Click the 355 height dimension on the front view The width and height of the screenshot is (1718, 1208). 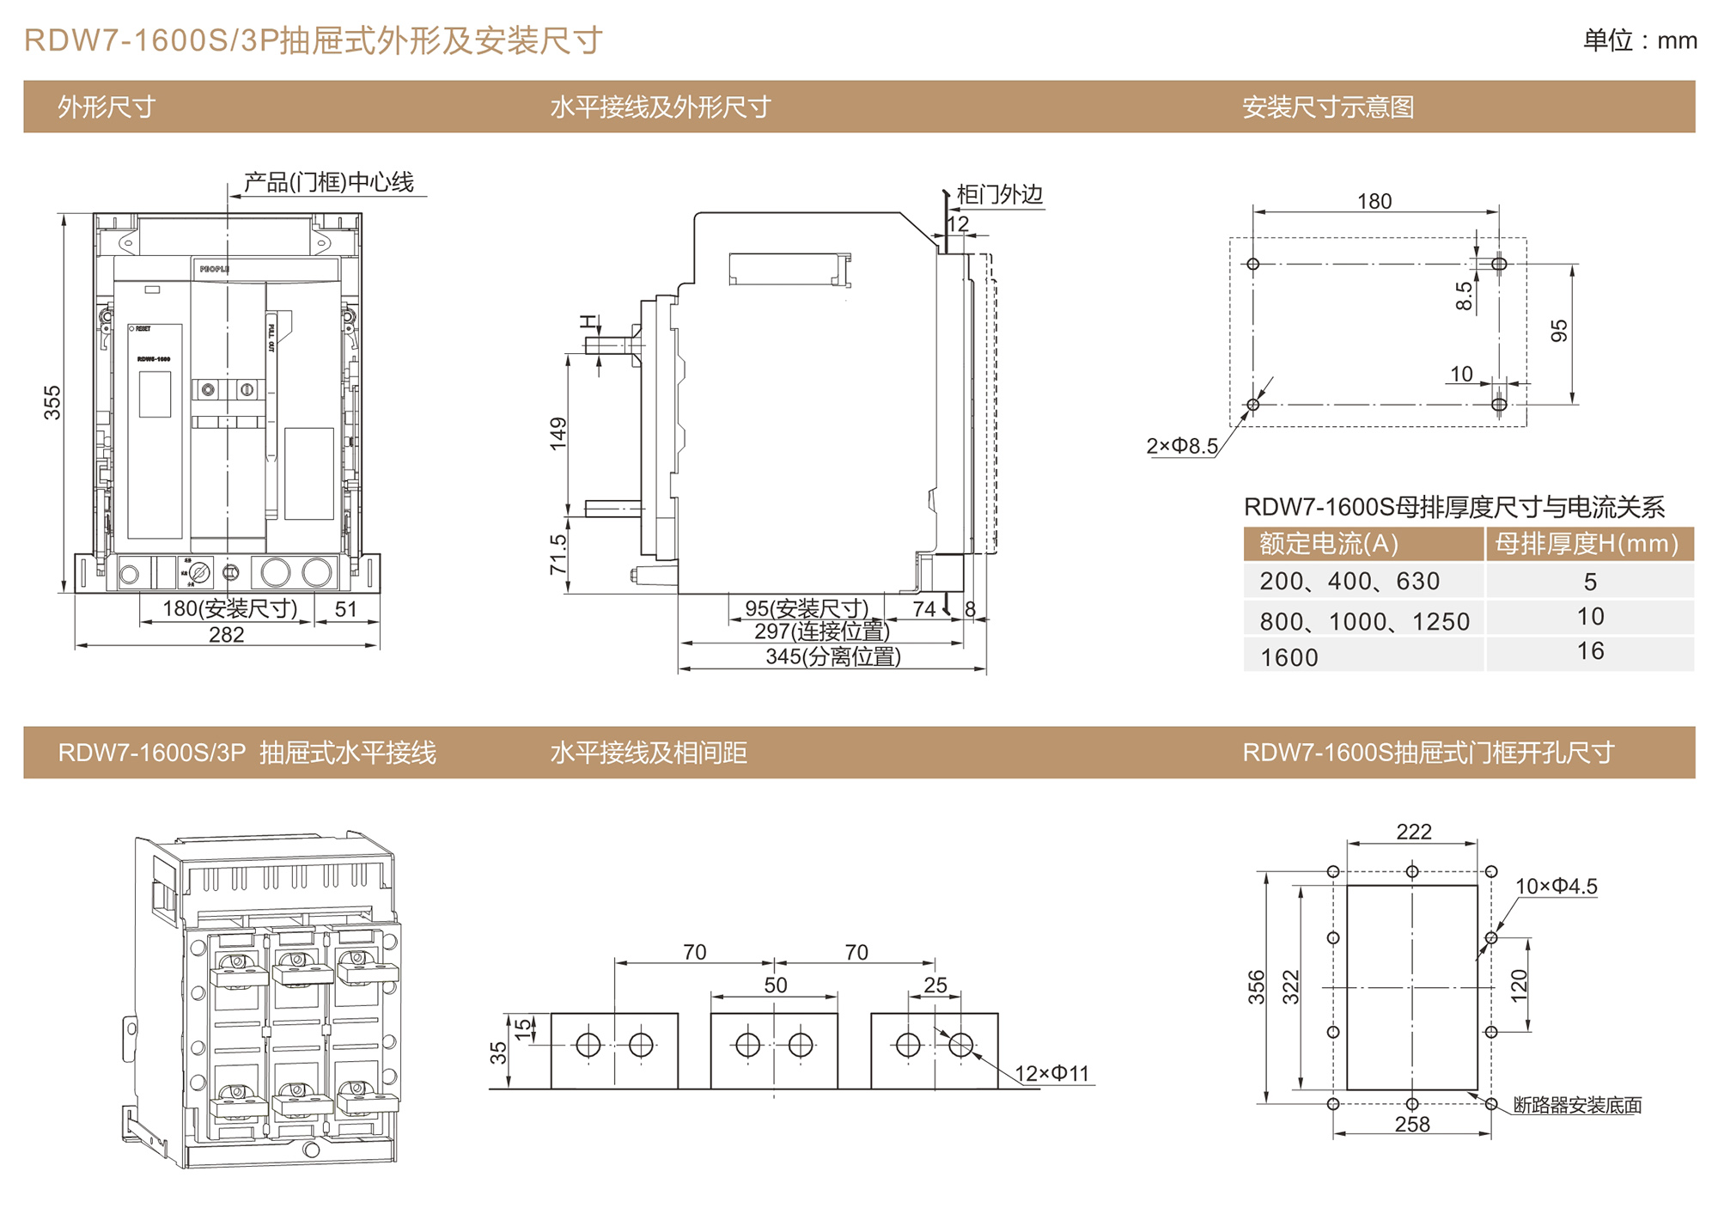click(x=52, y=402)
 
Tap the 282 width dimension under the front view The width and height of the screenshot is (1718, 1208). click(x=226, y=635)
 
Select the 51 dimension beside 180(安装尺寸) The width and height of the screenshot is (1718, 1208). click(x=345, y=609)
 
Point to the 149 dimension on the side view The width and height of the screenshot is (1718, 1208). click(x=558, y=434)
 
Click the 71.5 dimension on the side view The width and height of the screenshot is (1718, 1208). click(x=558, y=554)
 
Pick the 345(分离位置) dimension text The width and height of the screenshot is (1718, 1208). click(x=833, y=657)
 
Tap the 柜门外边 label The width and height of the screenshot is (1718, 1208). click(x=999, y=195)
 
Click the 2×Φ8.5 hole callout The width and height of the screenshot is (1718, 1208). click(x=1182, y=446)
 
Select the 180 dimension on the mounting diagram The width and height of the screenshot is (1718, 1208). click(x=1374, y=201)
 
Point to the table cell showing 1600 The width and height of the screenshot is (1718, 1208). click(x=1288, y=657)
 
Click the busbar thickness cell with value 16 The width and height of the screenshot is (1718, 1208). click(x=1590, y=651)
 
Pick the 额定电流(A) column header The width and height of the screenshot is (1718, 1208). click(x=1329, y=544)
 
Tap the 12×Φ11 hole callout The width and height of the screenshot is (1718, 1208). click(x=1051, y=1074)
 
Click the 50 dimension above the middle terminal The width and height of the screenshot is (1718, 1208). click(x=775, y=985)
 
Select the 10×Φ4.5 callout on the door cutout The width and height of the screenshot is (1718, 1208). click(x=1556, y=887)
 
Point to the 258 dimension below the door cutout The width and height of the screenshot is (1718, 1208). click(x=1412, y=1125)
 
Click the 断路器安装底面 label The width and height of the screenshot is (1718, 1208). click(x=1577, y=1106)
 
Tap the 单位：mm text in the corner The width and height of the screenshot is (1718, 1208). click(x=1639, y=40)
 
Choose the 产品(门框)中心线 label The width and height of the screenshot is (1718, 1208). click(x=328, y=182)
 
